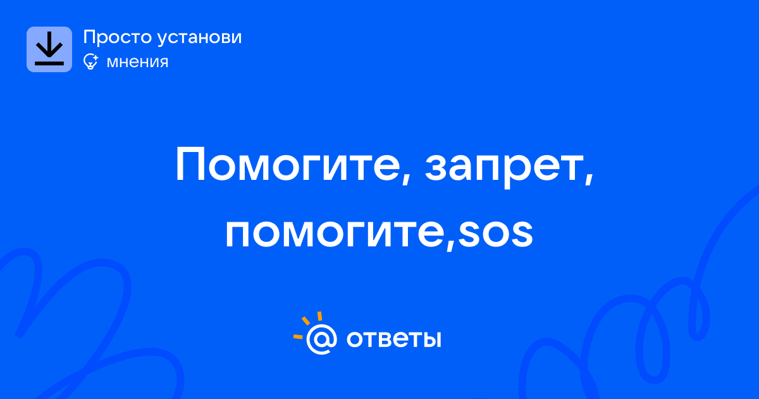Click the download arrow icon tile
(x=49, y=49)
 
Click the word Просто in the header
(x=117, y=37)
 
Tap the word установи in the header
(x=200, y=37)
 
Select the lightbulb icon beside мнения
(x=90, y=61)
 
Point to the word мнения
(x=137, y=62)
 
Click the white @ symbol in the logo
(x=321, y=339)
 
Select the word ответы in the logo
(x=393, y=339)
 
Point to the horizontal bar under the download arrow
(x=49, y=63)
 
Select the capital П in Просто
(x=89, y=37)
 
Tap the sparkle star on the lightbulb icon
(x=96, y=57)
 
